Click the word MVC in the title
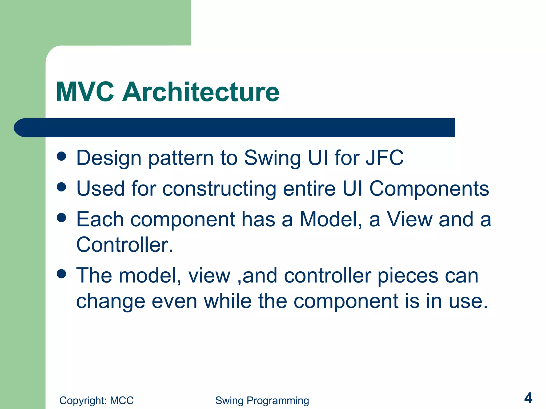[85, 92]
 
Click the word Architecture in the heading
[200, 92]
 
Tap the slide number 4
[528, 398]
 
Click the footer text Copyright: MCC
[96, 400]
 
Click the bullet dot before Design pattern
[61, 156]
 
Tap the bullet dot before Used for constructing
[61, 187]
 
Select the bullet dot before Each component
[61, 218]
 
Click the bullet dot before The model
[61, 274]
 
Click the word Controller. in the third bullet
[125, 244]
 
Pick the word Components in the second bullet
[429, 189]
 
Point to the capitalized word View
[409, 219]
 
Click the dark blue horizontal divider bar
[235, 128]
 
